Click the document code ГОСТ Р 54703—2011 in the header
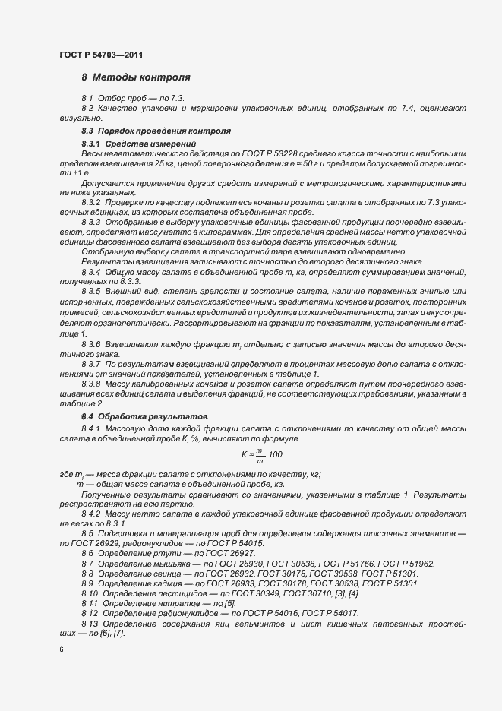tap(100, 55)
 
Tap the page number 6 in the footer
tap(61, 649)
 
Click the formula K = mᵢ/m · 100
tap(261, 453)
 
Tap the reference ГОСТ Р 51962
tap(408, 564)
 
